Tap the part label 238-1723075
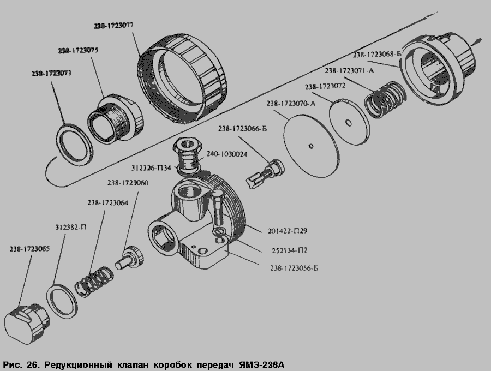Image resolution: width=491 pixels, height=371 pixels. (x=78, y=50)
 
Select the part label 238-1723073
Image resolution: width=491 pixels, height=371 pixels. (x=52, y=73)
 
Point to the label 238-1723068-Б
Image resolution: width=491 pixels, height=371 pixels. (x=377, y=55)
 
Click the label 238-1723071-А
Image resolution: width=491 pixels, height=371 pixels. (x=349, y=70)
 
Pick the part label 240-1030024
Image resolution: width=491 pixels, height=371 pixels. (x=227, y=154)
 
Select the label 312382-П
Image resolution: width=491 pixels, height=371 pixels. (x=70, y=227)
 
